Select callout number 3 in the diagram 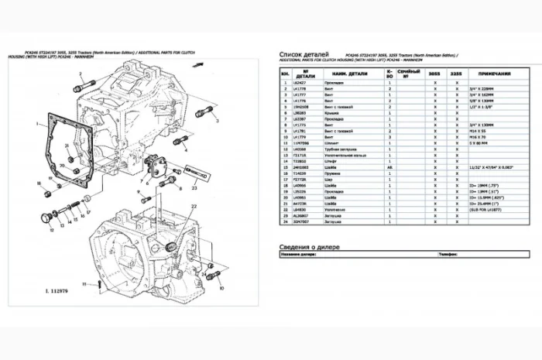pyautogui.click(x=218, y=122)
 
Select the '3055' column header pyautogui.click(x=435, y=74)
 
